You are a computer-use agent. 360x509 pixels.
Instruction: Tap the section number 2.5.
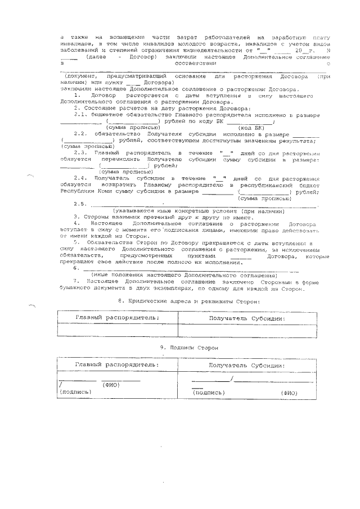pos(80,204)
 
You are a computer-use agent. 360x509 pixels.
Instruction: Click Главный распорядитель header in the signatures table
pos(117,364)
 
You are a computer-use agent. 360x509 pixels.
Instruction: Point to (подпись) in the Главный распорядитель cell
pos(75,392)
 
